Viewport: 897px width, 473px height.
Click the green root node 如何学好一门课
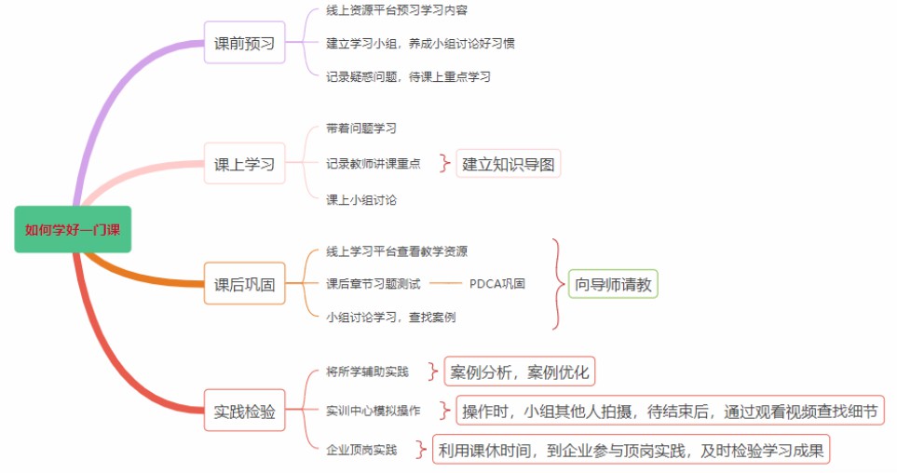[73, 229]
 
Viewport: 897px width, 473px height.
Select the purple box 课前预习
[244, 43]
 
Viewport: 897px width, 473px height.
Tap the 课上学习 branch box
[244, 164]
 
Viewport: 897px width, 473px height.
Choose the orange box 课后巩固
[244, 284]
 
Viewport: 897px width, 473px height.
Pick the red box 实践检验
[244, 411]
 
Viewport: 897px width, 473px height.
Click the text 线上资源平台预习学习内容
[397, 10]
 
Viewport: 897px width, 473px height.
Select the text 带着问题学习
[361, 128]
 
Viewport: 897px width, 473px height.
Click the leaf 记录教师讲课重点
[374, 164]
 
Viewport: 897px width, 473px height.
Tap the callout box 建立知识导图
[510, 164]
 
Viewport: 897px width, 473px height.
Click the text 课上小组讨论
[361, 199]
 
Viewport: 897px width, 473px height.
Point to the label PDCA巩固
[496, 284]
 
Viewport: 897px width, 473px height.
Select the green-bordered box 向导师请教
[613, 284]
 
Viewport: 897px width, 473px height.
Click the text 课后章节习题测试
[374, 284]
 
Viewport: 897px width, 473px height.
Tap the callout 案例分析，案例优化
[519, 372]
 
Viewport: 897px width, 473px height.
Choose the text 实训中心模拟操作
[374, 411]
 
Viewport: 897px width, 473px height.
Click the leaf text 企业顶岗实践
[361, 451]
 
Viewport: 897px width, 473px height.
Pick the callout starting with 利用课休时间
[631, 451]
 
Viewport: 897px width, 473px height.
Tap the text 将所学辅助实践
[367, 372]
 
